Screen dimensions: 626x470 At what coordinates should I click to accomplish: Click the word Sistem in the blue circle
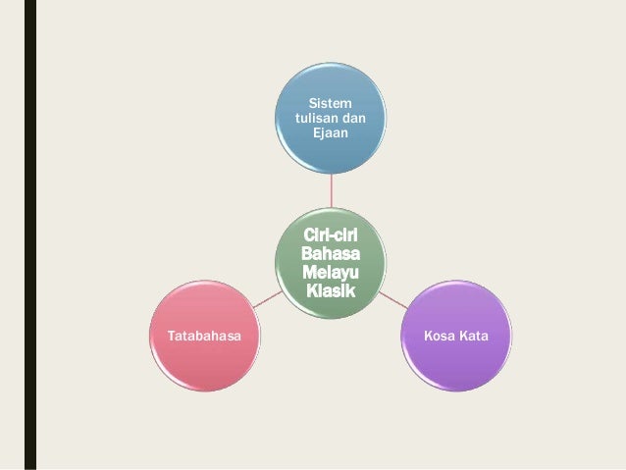tap(331, 102)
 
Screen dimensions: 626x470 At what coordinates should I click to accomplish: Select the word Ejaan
tap(331, 133)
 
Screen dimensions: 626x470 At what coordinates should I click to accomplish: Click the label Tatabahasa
tap(200, 337)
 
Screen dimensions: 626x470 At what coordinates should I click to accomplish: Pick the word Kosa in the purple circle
tap(439, 337)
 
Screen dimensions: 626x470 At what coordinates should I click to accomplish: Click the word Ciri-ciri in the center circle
tap(331, 236)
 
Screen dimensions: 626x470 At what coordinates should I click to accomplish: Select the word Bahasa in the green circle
tap(331, 254)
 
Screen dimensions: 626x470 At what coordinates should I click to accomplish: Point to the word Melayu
tap(331, 273)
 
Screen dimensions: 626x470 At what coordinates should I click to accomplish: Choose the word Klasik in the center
tap(331, 291)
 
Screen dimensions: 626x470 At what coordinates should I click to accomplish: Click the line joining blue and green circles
tap(331, 192)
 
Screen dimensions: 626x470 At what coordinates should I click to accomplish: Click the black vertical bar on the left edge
tap(30, 235)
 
